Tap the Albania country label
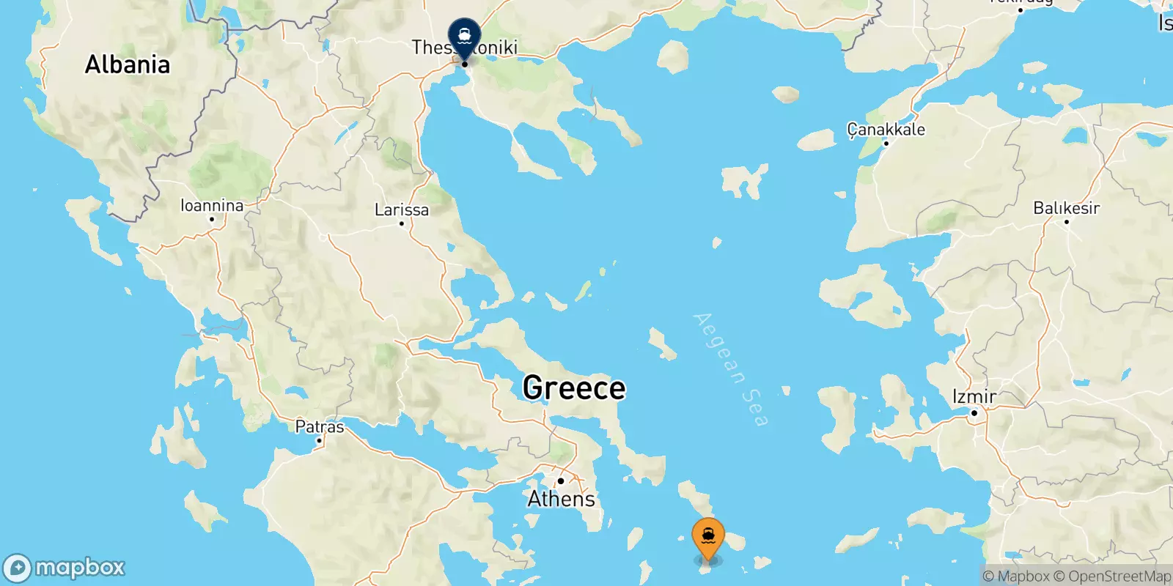tap(128, 64)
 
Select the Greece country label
tap(574, 387)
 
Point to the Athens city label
tap(562, 499)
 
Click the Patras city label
tap(320, 426)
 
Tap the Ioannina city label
tap(212, 205)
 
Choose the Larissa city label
tap(402, 209)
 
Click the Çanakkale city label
tap(886, 130)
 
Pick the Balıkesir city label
tap(1067, 208)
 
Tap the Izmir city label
tap(974, 396)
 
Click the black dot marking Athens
tap(561, 481)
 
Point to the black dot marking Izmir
tap(974, 413)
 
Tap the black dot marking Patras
tap(319, 440)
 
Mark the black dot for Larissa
tap(402, 223)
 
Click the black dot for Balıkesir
tap(1067, 221)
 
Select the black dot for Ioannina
tap(212, 219)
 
